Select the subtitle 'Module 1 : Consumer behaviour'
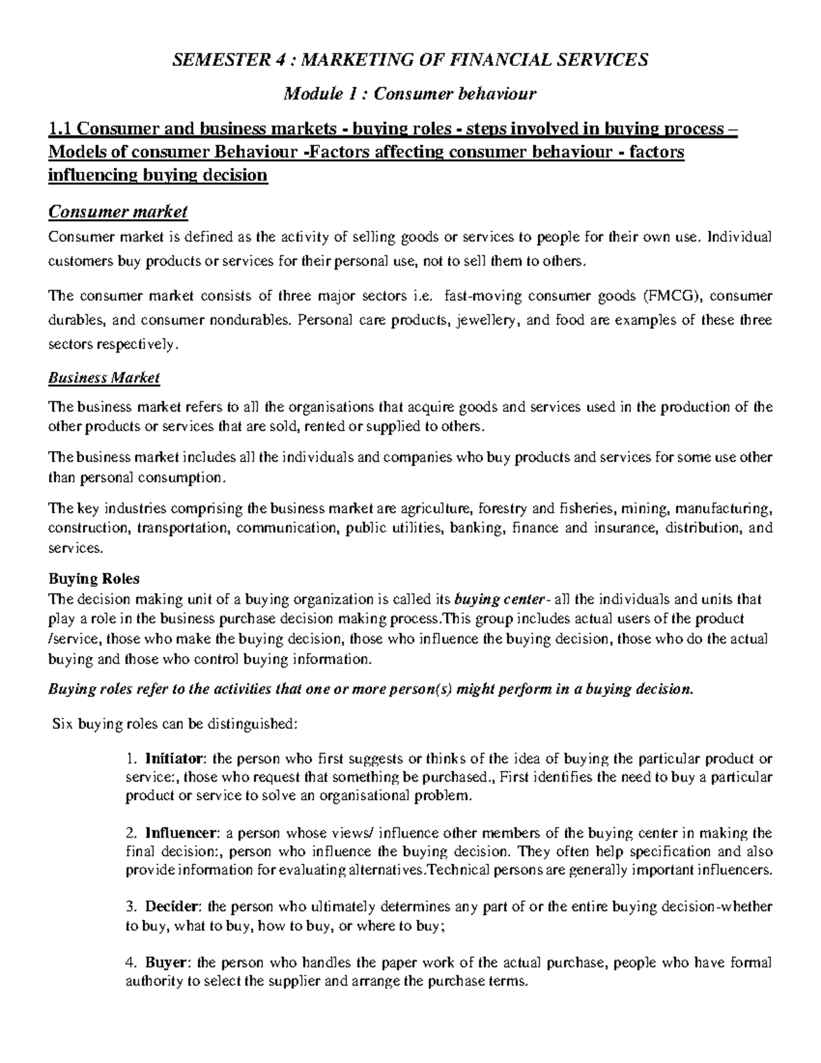pos(410,93)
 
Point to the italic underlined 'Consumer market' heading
pos(117,212)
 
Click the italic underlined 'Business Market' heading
pos(103,378)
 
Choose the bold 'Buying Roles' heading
pos(93,578)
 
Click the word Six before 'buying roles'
pos(63,724)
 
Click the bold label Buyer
pos(166,962)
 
